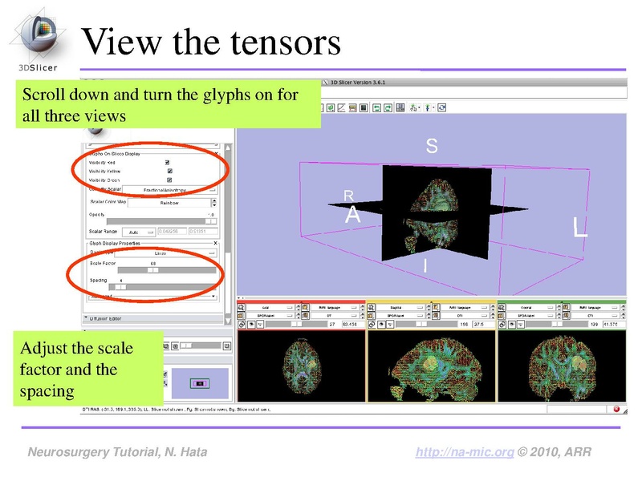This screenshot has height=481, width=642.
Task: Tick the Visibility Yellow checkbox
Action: (x=169, y=171)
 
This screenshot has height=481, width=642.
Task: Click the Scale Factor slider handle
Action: (x=152, y=270)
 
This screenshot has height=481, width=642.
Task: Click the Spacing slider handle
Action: (x=120, y=286)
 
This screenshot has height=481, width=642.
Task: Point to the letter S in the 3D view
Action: (x=432, y=147)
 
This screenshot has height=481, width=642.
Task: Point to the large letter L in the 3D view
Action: (x=579, y=227)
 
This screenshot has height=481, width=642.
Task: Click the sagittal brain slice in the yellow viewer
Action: (x=432, y=363)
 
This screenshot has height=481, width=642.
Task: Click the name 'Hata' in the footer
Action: (x=192, y=453)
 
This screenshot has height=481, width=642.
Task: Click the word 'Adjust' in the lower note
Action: (x=45, y=350)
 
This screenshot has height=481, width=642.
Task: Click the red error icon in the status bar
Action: (x=616, y=410)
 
